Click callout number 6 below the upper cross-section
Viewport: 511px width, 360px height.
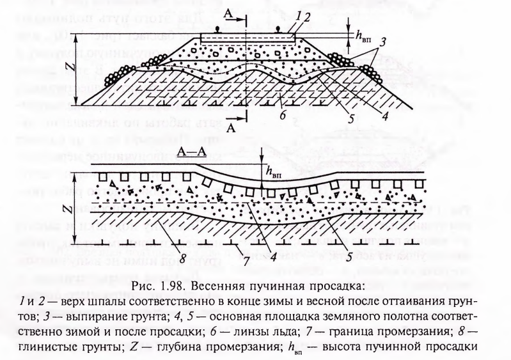[283, 115]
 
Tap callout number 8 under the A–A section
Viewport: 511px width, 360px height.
[182, 259]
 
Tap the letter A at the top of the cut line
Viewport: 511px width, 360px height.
[228, 13]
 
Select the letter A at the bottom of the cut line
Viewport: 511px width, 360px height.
[231, 129]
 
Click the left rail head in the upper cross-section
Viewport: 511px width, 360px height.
[216, 30]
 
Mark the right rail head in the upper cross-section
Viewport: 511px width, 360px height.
[278, 30]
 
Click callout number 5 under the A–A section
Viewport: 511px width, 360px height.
[349, 258]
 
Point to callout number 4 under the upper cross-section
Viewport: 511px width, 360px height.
[385, 116]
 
